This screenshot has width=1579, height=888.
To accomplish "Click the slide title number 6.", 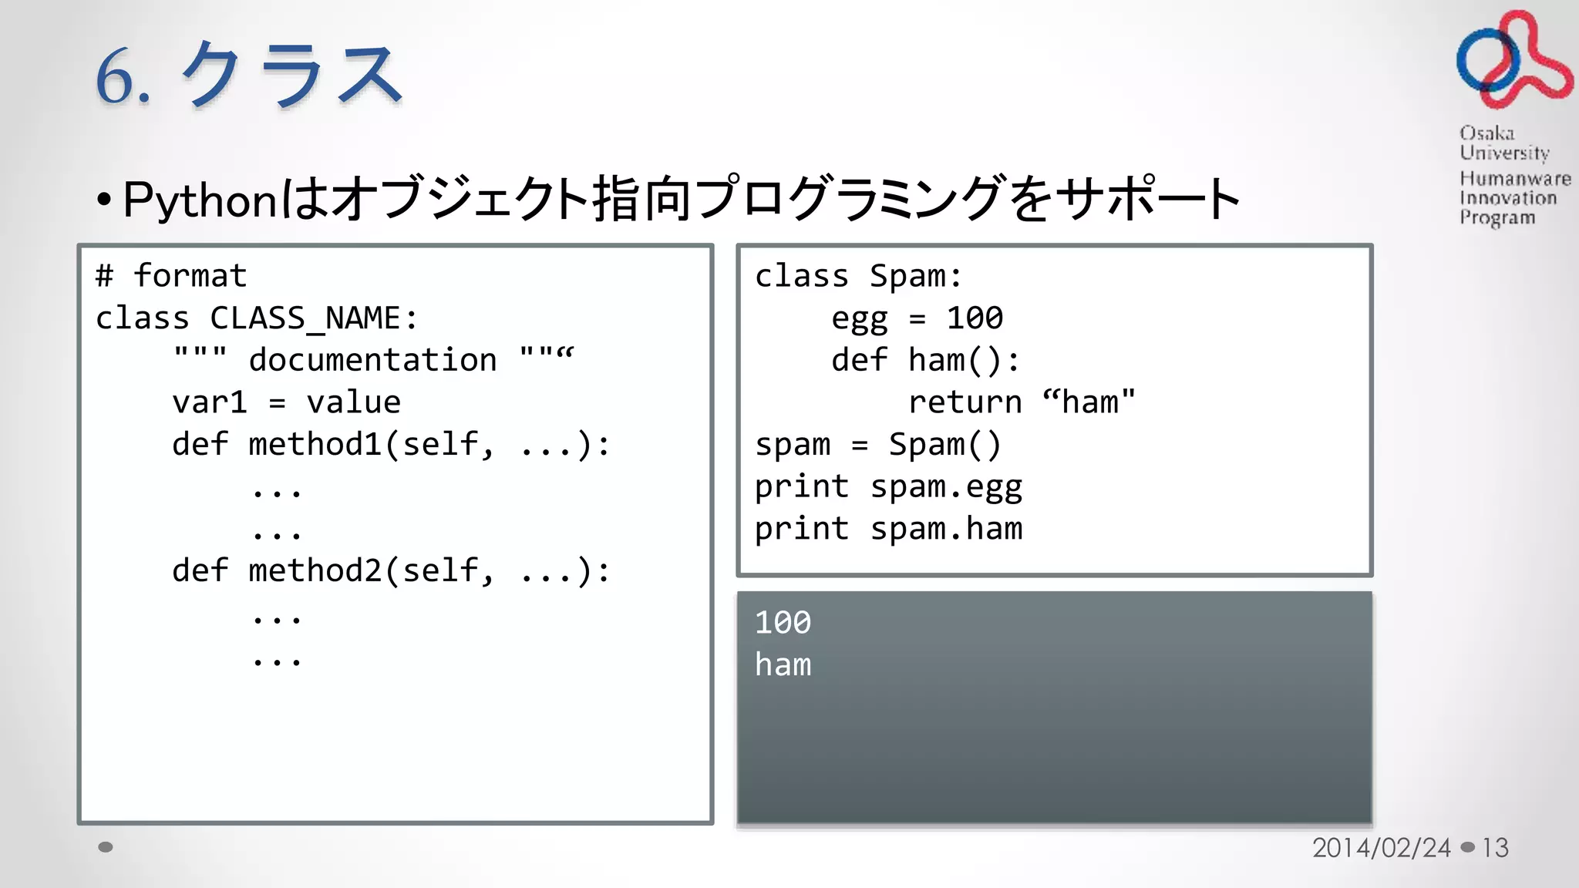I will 116,76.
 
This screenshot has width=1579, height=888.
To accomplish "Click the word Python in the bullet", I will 200,200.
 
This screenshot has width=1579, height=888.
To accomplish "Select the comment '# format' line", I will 171,276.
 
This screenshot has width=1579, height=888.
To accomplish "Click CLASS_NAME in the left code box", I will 305,318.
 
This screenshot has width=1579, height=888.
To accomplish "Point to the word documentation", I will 372,360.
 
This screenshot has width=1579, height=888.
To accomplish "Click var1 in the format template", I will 209,402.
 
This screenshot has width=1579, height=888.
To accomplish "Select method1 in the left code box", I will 315,445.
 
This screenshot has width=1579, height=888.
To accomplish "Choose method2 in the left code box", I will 315,571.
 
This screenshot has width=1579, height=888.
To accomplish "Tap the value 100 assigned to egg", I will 975,318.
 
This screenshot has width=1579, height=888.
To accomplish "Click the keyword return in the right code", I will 965,402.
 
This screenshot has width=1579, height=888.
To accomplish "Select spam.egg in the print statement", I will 946,487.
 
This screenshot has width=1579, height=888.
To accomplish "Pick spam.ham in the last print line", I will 946,530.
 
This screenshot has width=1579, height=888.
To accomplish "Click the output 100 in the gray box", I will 783,623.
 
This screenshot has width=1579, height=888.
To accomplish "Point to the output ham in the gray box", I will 783,664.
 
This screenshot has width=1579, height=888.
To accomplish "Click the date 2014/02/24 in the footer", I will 1381,848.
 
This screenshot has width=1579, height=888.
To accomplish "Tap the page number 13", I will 1495,848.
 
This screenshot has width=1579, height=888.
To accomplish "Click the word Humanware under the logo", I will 1514,179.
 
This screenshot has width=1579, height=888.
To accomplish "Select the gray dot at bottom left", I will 106,847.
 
